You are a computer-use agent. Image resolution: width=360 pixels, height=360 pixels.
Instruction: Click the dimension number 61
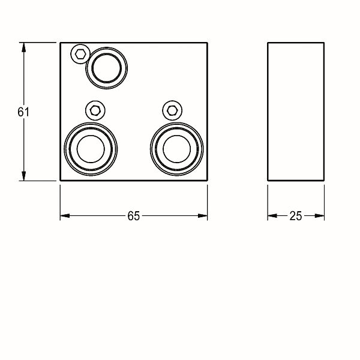pos(23,112)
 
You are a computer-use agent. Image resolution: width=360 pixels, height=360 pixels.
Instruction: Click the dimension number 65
pos(134,216)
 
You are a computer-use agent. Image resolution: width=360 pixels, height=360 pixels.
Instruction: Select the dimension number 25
pos(295,216)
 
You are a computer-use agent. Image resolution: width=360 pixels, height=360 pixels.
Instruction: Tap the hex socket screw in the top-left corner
pos(80,54)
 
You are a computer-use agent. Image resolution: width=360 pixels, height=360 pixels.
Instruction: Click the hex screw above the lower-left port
pos(95,110)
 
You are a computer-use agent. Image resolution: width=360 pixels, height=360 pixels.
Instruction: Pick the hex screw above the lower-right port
pos(172,110)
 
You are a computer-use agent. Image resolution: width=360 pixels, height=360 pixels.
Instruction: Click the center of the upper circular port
pos(107,68)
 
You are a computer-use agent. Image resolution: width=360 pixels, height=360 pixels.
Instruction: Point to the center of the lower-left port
pos(91,149)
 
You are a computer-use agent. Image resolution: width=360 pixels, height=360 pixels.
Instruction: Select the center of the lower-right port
pos(177,149)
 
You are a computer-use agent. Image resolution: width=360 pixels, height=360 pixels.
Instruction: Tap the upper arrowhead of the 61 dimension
pos(23,47)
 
